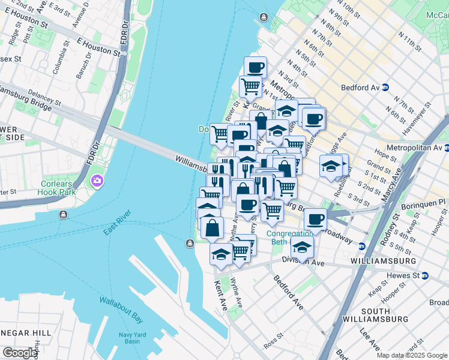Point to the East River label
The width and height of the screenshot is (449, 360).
click(117, 222)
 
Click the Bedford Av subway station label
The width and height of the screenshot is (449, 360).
click(360, 88)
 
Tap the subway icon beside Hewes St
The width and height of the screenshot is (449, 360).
click(425, 275)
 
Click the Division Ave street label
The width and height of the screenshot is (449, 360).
click(303, 263)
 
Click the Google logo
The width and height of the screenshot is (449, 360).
click(19, 353)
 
